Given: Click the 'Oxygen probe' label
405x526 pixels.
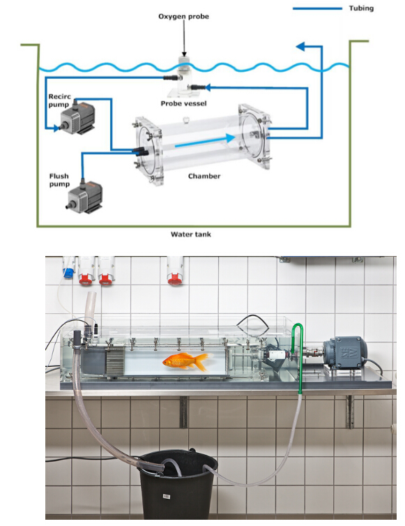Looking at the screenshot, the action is click(183, 17).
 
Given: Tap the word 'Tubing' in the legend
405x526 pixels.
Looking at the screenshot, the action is click(361, 8).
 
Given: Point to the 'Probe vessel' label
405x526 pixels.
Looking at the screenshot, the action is click(183, 103).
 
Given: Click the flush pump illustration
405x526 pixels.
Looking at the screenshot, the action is click(85, 197).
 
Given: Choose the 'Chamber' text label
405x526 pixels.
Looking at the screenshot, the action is click(204, 176).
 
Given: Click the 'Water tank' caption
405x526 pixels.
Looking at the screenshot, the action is click(191, 234).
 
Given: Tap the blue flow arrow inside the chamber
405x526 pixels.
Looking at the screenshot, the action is click(204, 141).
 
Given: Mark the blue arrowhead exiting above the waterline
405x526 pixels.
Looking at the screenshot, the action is click(301, 46).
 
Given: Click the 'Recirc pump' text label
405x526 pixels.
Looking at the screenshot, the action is click(59, 100).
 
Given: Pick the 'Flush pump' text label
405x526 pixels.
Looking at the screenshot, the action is click(59, 180).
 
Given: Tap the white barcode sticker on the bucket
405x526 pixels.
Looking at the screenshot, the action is click(166, 496).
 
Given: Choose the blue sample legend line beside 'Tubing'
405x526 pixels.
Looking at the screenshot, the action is click(317, 8).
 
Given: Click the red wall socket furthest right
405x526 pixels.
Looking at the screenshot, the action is click(174, 279).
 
